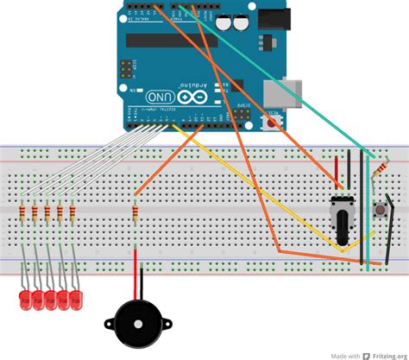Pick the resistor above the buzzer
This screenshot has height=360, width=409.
(135, 212)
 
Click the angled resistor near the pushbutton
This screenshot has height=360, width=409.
(378, 174)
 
